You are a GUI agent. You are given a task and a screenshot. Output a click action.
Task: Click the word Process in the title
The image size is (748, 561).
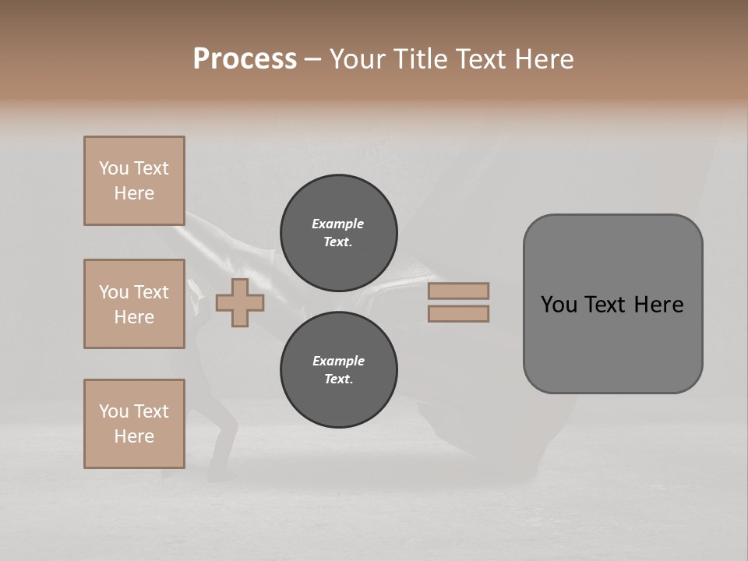(245, 59)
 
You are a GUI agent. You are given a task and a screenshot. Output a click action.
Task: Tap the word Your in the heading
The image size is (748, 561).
(359, 59)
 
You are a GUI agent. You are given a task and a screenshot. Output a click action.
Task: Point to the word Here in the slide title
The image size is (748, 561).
(543, 59)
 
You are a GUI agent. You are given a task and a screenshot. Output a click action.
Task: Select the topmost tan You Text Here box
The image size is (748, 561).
(134, 181)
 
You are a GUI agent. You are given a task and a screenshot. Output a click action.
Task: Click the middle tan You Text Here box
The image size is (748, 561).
(134, 304)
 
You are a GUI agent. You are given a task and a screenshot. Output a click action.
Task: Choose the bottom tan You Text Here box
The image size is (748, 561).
(134, 424)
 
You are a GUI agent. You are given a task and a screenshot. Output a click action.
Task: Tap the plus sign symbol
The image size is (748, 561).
(239, 302)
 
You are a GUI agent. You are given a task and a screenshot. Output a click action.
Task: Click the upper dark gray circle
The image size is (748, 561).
(339, 233)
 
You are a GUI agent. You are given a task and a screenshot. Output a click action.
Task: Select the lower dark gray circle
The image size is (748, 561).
(339, 370)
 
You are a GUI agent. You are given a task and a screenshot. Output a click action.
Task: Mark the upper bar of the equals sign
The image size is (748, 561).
(459, 291)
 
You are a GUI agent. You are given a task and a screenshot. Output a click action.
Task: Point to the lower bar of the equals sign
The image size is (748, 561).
(459, 313)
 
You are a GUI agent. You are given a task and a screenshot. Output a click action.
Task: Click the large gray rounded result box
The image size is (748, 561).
(612, 304)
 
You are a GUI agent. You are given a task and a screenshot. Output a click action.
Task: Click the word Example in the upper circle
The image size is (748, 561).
(338, 224)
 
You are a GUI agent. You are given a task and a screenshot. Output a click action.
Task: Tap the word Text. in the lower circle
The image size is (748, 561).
(338, 379)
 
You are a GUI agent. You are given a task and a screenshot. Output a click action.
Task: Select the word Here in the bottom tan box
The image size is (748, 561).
(134, 436)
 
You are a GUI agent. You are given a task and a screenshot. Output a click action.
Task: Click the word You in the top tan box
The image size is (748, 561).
(112, 168)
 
